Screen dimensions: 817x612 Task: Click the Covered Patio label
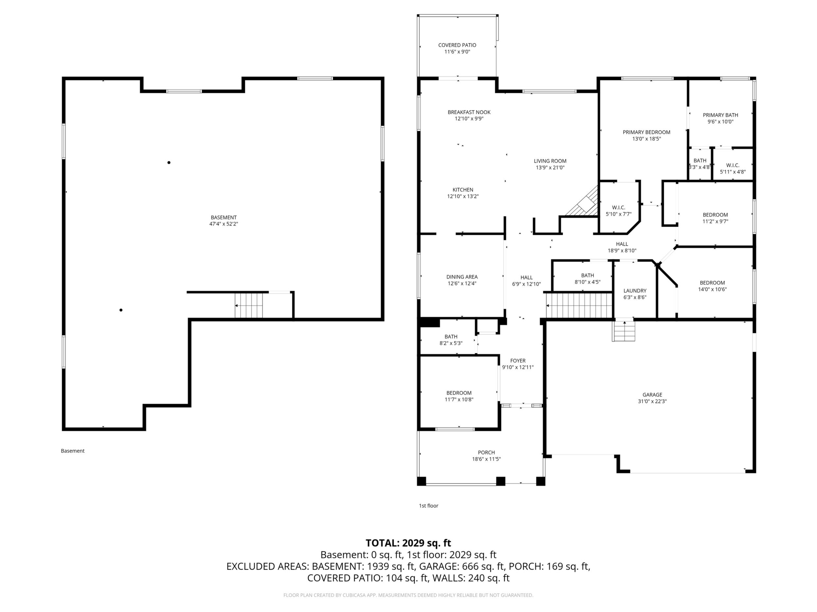tap(457, 45)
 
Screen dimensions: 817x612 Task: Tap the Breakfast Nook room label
tap(469, 112)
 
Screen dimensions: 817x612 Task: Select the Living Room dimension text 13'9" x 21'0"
tap(550, 167)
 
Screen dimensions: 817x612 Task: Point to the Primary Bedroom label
tap(646, 132)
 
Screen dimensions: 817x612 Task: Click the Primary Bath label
tap(720, 115)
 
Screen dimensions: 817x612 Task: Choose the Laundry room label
tap(635, 291)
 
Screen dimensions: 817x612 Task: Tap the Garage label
tap(652, 395)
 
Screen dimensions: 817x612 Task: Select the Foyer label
tap(518, 361)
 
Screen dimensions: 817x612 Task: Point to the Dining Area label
tap(462, 277)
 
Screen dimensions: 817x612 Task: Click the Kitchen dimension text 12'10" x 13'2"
tap(463, 196)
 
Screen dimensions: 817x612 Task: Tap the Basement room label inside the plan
tap(224, 217)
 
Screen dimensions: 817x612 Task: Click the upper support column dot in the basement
tap(169, 162)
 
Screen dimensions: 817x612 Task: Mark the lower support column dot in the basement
tap(121, 310)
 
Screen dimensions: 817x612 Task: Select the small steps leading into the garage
tap(625, 331)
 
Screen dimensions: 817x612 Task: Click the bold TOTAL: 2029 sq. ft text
tap(408, 543)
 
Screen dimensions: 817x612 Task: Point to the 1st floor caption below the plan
tap(428, 506)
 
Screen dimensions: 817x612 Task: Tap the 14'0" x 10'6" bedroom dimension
tap(712, 289)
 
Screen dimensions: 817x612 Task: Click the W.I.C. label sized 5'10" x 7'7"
tap(618, 208)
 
